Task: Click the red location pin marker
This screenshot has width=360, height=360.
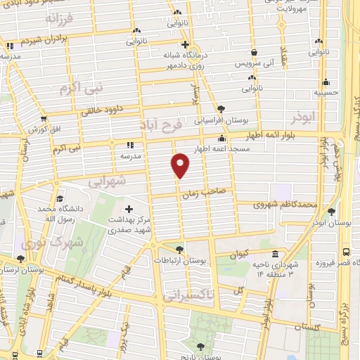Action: click(x=181, y=165)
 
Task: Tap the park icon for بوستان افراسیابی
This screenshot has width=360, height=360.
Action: click(x=222, y=108)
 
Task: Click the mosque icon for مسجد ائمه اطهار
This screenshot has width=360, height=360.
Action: click(x=222, y=139)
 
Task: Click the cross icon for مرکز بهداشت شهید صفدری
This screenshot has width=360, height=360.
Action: click(x=129, y=209)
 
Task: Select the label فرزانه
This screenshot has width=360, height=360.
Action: click(x=60, y=19)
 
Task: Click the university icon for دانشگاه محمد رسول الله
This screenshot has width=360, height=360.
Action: click(x=60, y=199)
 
